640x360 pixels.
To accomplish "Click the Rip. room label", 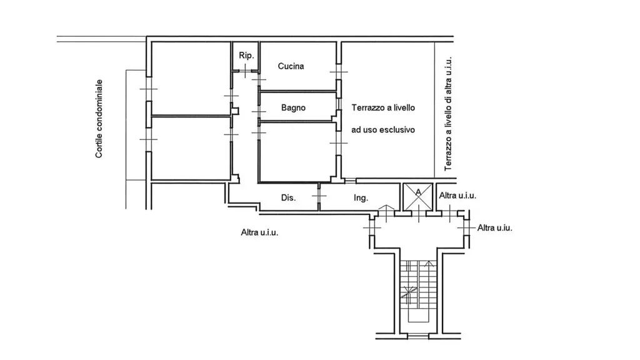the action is pyautogui.click(x=246, y=56).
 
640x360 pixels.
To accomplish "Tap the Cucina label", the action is pyautogui.click(x=291, y=66).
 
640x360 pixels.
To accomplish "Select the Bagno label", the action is pyautogui.click(x=293, y=107).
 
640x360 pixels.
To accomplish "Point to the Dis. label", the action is pyautogui.click(x=288, y=197).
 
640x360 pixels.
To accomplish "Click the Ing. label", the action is pyautogui.click(x=361, y=198).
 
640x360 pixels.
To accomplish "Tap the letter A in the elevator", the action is pyautogui.click(x=418, y=191).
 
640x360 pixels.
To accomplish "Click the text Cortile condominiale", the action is pyautogui.click(x=99, y=118).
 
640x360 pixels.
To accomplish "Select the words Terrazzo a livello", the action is pyautogui.click(x=383, y=107).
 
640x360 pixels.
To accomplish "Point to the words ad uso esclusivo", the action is pyautogui.click(x=383, y=130).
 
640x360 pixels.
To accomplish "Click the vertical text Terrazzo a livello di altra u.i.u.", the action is pyautogui.click(x=448, y=114).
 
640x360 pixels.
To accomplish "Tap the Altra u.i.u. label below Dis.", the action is pyautogui.click(x=259, y=232).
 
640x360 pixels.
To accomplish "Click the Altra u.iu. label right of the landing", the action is pyautogui.click(x=495, y=227).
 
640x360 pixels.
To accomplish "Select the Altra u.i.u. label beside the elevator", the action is pyautogui.click(x=457, y=196).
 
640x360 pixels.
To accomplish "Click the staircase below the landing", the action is pyautogui.click(x=418, y=292).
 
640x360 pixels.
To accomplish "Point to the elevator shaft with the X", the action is pyautogui.click(x=418, y=197).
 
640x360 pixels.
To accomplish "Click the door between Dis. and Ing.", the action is pyautogui.click(x=319, y=196).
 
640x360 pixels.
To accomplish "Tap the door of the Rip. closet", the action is pyautogui.click(x=245, y=71).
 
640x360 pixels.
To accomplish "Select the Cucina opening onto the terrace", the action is pyautogui.click(x=338, y=72).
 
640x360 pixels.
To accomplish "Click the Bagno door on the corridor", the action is pyautogui.click(x=259, y=111).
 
